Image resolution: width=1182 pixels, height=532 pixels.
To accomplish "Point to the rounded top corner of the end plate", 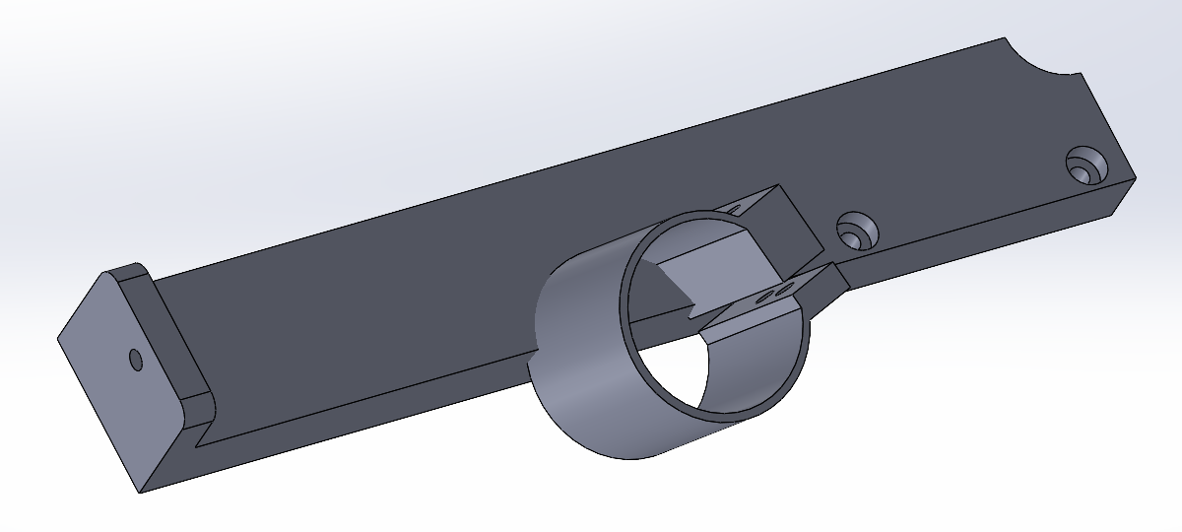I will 134,269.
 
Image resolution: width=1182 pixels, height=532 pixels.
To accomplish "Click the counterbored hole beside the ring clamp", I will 857,232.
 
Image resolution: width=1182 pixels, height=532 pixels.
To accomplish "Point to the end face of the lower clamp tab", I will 837,281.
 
